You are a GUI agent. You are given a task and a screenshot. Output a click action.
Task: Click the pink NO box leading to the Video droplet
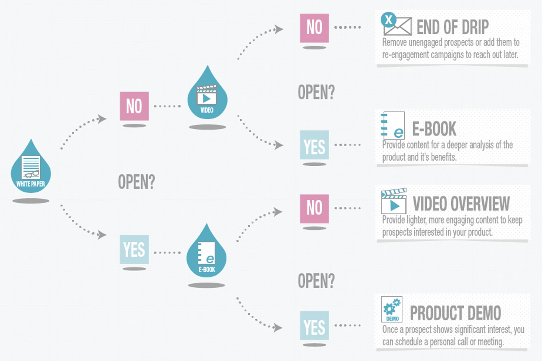point(134,106)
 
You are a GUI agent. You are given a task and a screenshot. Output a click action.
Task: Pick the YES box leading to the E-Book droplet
point(134,249)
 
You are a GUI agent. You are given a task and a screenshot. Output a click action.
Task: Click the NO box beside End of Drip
point(314,28)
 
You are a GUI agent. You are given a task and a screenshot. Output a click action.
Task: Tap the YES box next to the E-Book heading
point(314,145)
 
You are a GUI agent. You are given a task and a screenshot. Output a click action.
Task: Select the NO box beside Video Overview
point(314,209)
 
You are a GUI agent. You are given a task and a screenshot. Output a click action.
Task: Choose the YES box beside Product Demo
point(314,326)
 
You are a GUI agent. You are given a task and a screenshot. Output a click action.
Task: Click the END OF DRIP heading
point(453,27)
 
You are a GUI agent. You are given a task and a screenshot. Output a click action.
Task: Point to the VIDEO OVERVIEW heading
point(461,204)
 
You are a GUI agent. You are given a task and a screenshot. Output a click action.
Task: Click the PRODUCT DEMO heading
point(455,313)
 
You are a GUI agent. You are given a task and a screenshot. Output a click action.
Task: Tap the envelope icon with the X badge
point(396,24)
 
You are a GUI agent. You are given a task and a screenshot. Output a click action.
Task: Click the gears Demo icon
point(392,309)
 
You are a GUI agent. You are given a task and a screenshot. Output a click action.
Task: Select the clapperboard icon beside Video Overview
point(394,201)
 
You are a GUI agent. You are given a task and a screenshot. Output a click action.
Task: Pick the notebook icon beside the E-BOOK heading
point(393,125)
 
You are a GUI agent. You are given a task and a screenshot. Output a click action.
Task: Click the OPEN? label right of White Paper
point(136,182)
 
